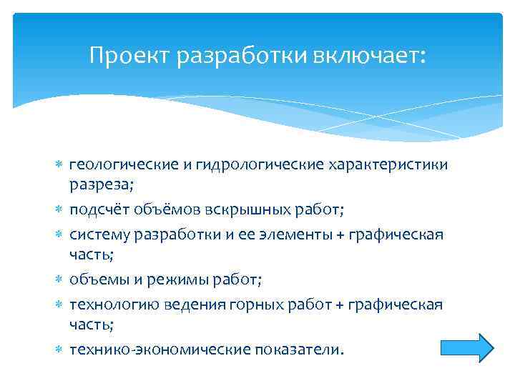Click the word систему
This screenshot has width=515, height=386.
tap(99, 234)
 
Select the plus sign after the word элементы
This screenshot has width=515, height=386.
tap(339, 235)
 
